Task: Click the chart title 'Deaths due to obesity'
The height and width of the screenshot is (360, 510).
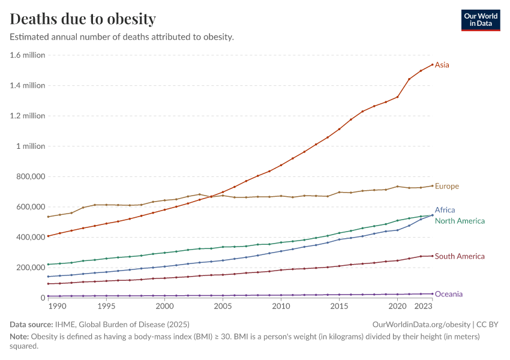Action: click(83, 19)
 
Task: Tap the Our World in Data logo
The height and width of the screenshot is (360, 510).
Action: click(480, 19)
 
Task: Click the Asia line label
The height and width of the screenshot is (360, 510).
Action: click(442, 65)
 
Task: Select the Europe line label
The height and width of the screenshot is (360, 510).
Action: click(447, 186)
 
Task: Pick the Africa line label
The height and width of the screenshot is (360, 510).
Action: click(445, 210)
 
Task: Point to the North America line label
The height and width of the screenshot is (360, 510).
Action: click(460, 221)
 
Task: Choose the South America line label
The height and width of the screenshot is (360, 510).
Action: click(460, 256)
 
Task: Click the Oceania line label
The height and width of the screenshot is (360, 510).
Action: click(449, 294)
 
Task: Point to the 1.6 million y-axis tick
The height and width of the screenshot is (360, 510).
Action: click(28, 55)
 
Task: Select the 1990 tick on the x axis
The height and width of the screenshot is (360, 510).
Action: click(58, 307)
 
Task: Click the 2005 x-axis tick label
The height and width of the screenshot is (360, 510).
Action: click(223, 307)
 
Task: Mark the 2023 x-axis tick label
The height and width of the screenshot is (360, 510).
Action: click(424, 307)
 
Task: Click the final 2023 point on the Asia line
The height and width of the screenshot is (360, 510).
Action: click(432, 65)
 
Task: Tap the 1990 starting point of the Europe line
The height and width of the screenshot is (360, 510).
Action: click(48, 217)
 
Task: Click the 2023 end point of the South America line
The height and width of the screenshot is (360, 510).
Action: click(432, 256)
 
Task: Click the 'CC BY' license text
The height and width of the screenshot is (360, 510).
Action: click(490, 324)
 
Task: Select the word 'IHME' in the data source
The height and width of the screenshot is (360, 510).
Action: click(65, 324)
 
